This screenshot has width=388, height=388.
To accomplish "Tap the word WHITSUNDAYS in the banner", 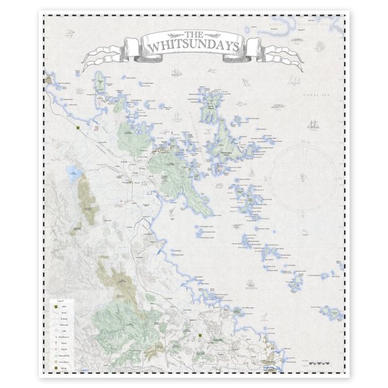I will (193, 46).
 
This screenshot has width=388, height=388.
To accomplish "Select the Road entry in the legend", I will (63, 312).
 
